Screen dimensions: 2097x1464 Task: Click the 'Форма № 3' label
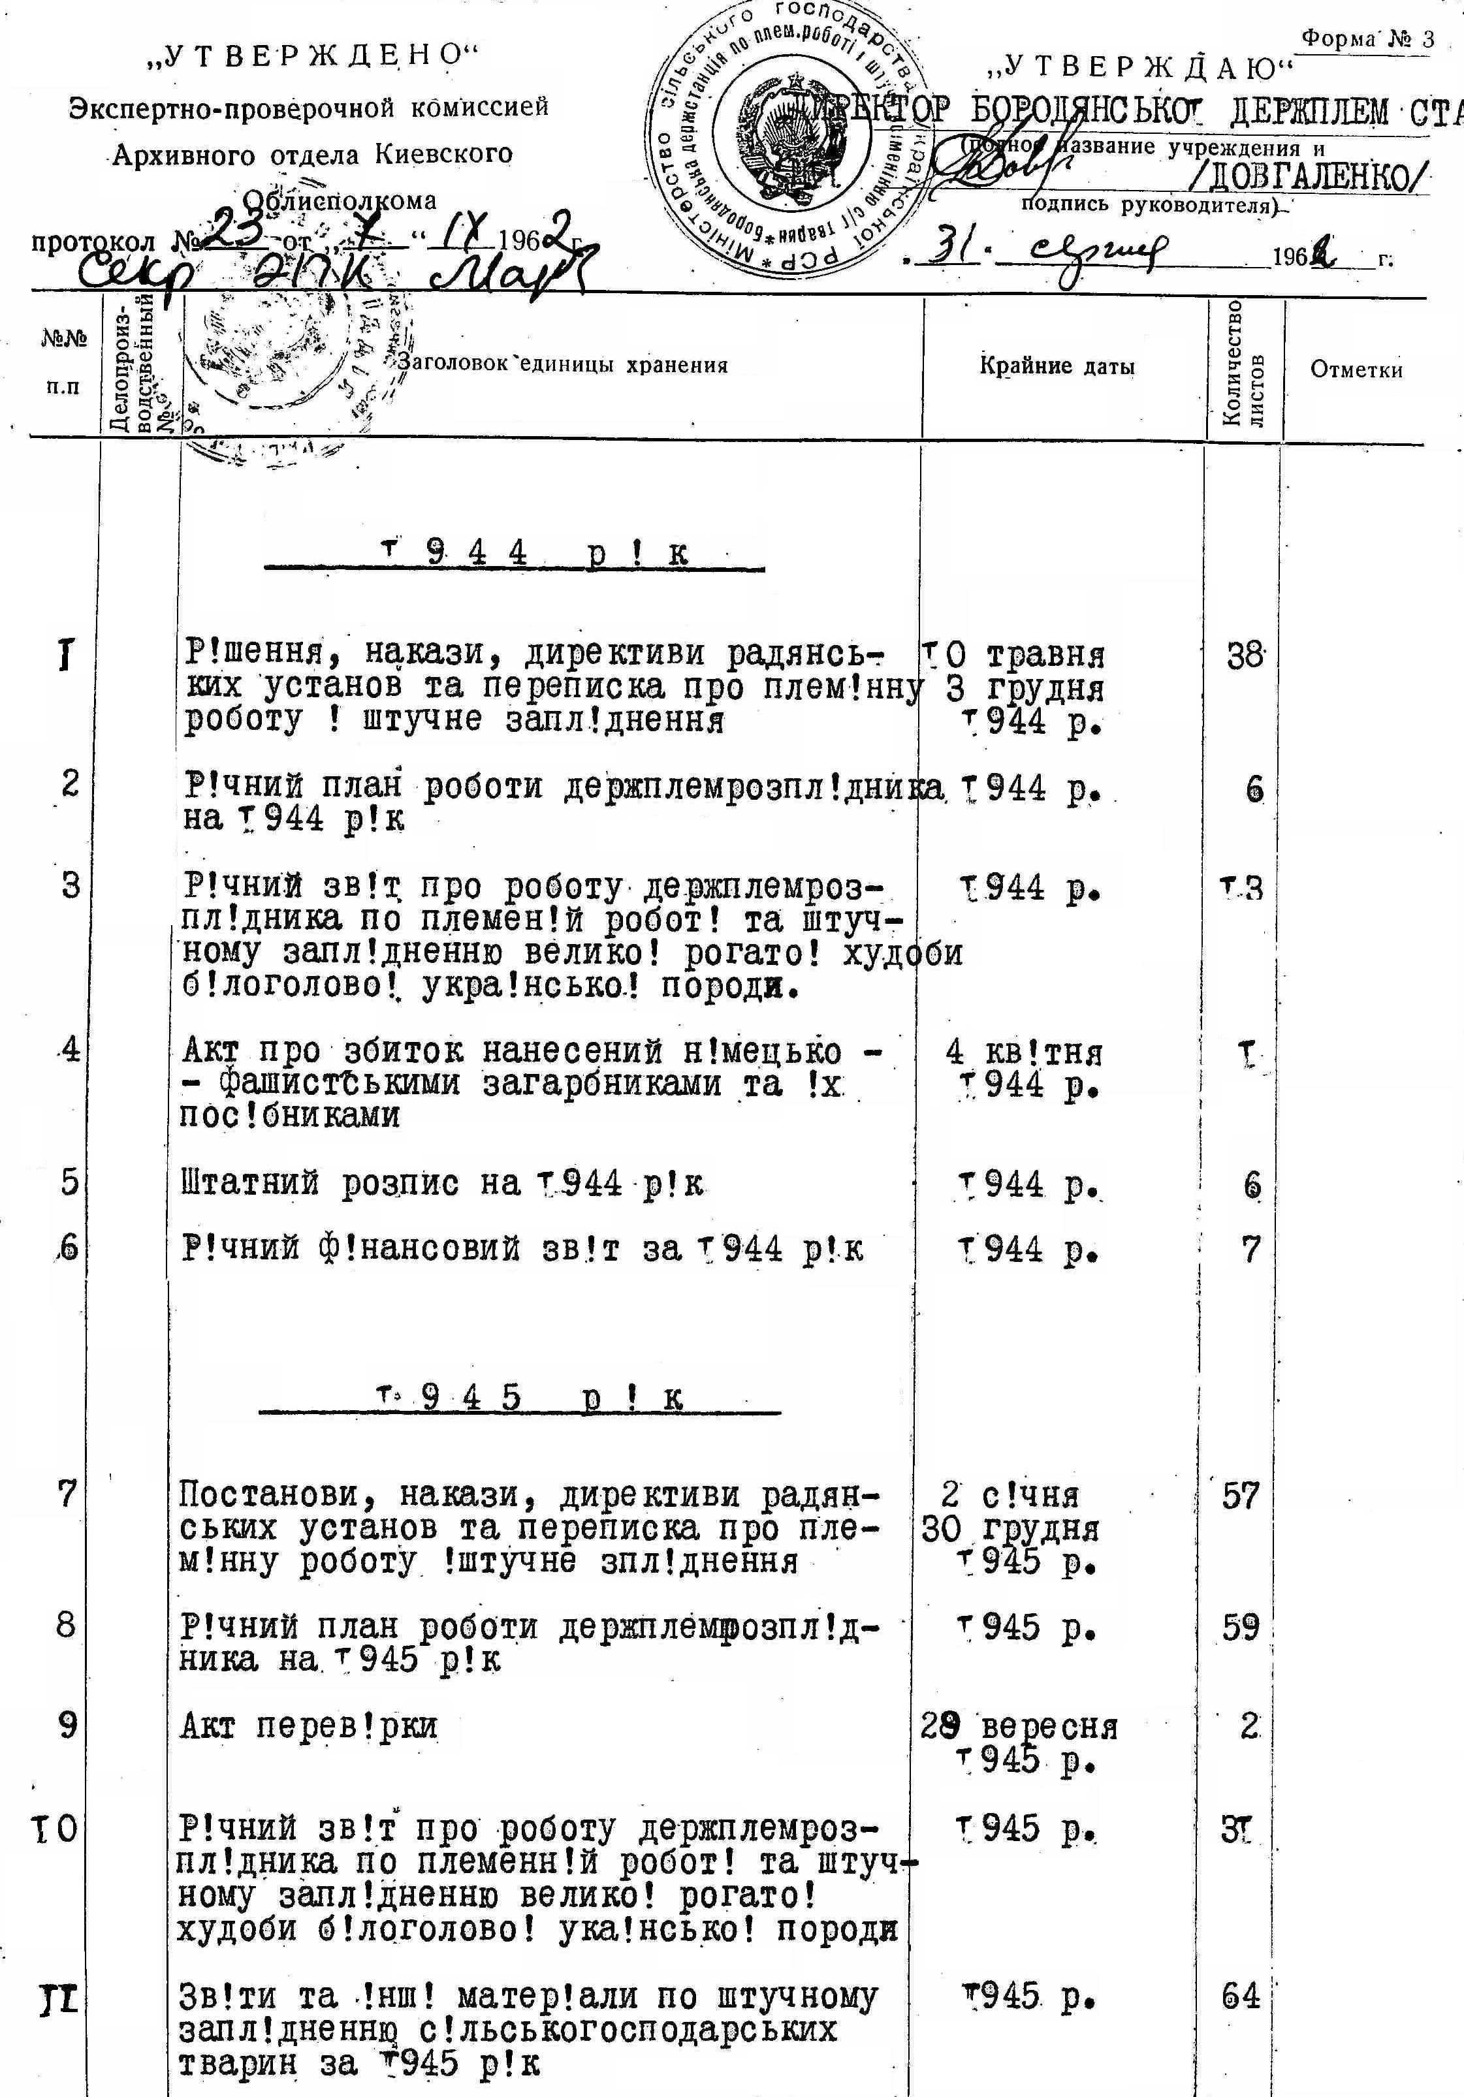coord(1367,39)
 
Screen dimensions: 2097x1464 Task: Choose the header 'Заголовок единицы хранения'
coord(563,366)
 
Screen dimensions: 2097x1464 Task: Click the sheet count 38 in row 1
coord(1245,655)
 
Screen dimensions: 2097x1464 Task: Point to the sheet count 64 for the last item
coord(1240,1996)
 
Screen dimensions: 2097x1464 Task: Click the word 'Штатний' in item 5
coord(250,1184)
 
